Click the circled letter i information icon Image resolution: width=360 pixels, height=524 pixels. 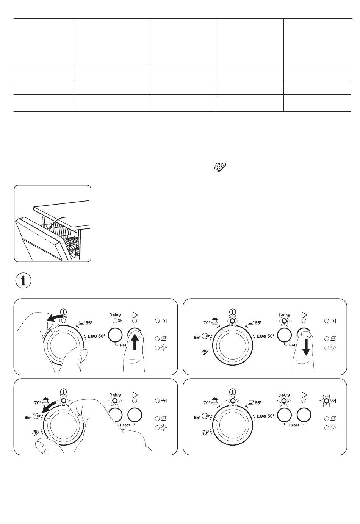pos(23,281)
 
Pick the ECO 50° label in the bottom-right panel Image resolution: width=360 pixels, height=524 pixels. pos(266,416)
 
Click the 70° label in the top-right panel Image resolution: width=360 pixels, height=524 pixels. pos(207,323)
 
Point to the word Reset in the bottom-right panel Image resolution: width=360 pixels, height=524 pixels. pos(294,425)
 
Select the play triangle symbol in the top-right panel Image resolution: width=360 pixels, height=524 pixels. pos(304,314)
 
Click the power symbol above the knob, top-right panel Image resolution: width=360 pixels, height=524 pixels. pos(232,312)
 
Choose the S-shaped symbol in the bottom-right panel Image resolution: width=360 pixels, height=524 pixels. pos(333,419)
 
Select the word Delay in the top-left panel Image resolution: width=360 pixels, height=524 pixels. pos(115,314)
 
